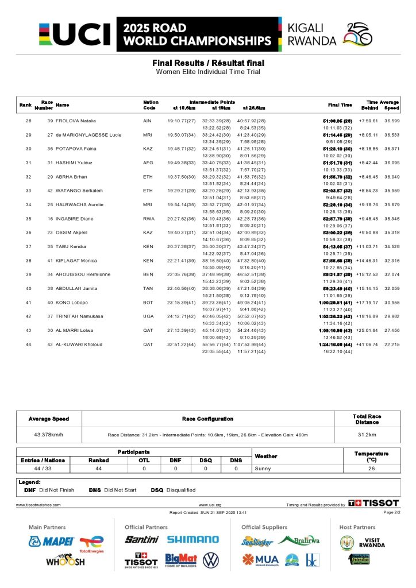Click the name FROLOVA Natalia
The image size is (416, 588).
75,121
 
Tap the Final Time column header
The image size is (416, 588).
340,105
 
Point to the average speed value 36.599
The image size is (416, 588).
391,121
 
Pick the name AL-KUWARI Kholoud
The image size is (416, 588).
79,345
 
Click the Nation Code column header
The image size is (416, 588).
150,105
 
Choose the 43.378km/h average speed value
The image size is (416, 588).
49,435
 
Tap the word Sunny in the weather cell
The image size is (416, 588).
262,469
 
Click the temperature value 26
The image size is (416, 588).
371,469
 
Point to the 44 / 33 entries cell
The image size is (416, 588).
44,469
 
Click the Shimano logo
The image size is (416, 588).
192,540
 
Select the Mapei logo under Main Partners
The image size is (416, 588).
52,541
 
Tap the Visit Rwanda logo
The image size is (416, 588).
365,541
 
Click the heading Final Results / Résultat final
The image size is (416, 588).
208,63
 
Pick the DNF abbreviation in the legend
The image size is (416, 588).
30,490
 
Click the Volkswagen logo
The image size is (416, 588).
211,560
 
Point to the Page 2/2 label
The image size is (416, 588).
391,512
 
